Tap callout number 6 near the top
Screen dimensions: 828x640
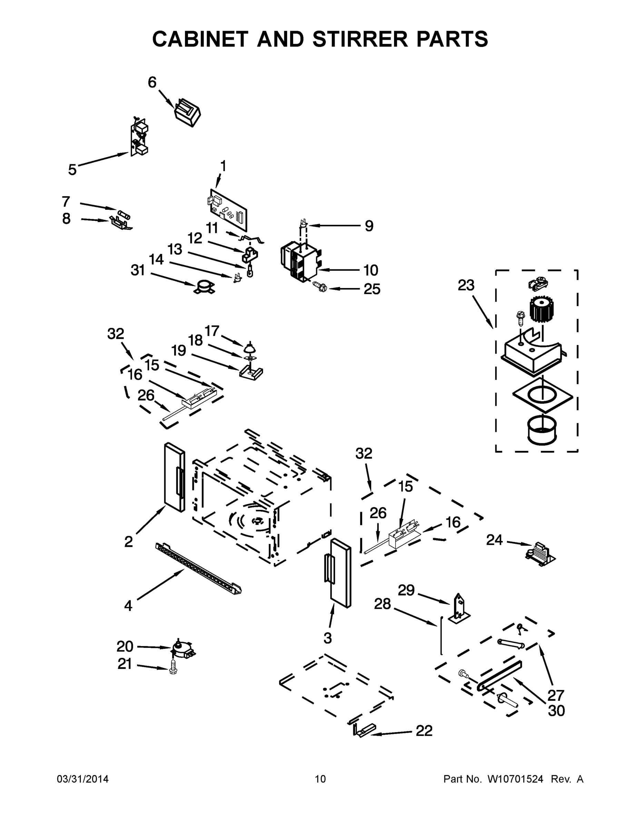tap(152, 82)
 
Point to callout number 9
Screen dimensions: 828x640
tap(368, 226)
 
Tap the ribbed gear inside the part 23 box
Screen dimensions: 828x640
tap(541, 309)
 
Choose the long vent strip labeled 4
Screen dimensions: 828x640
tap(198, 569)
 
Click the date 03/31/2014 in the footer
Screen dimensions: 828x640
tap(83, 779)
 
